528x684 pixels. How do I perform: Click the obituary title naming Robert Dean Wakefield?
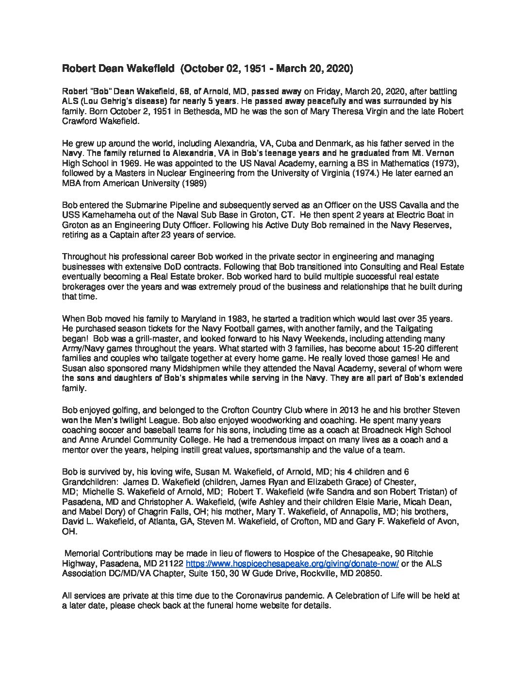(x=207, y=69)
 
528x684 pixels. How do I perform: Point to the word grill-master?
(x=137, y=339)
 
